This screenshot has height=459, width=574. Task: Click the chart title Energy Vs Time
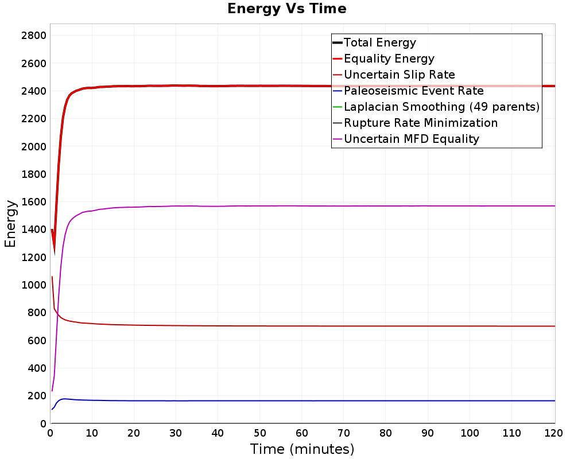point(287,9)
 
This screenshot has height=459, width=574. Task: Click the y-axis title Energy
point(10,223)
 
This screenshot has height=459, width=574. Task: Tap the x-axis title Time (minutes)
point(302,449)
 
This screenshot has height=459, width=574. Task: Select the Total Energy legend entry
point(379,42)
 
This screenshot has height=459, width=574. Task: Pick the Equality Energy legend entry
point(389,59)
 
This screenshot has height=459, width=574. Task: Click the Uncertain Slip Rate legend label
point(399,75)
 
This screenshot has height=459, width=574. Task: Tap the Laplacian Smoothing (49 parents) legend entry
point(441,107)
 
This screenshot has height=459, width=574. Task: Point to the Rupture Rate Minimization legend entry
point(420,123)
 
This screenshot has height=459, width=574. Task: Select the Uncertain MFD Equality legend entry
point(411,139)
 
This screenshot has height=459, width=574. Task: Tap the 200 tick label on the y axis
point(36,396)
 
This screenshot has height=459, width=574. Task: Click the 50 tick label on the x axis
point(260,433)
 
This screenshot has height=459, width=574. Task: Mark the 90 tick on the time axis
point(428,433)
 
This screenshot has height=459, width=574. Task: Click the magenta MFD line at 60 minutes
point(302,206)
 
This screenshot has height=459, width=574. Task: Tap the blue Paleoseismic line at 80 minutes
point(386,400)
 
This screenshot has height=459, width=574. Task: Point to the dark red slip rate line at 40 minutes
point(218,326)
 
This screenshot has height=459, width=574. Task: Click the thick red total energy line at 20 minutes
point(134,86)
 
